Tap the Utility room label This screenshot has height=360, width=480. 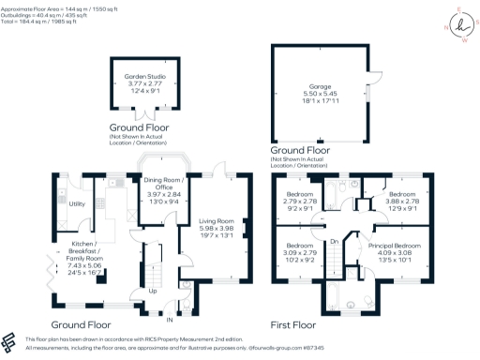pos(77,203)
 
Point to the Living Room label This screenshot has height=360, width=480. pos(220,219)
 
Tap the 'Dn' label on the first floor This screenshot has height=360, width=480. pos(334,241)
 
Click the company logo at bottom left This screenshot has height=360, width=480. pos(12,341)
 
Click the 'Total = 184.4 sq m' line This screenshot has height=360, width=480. pos(46,21)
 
